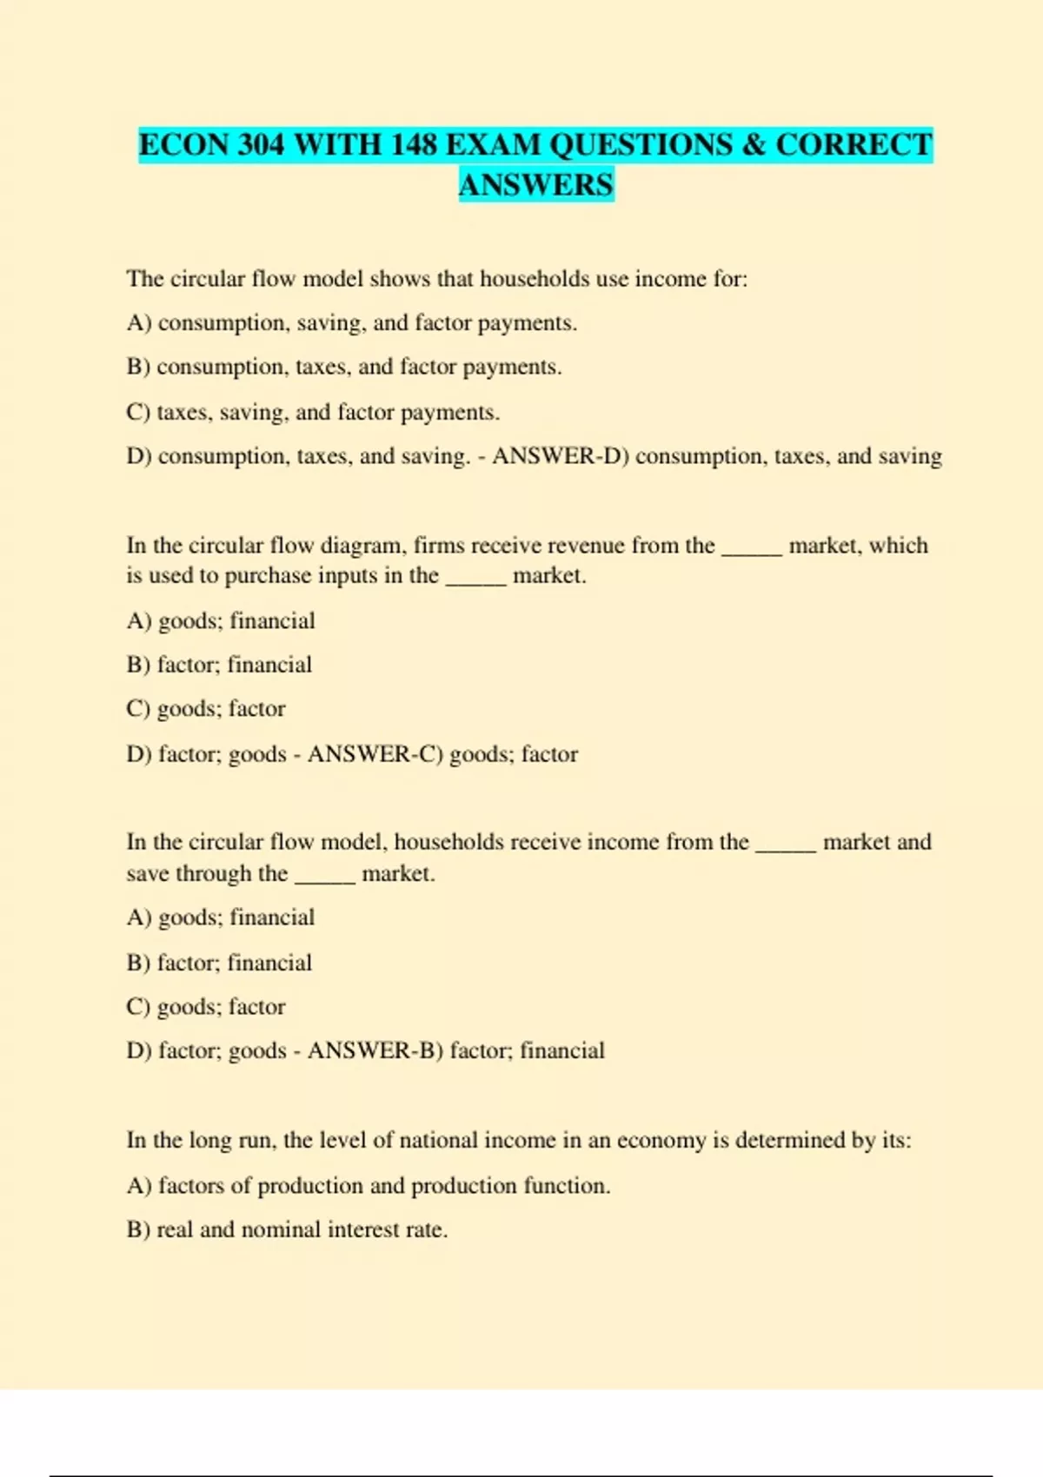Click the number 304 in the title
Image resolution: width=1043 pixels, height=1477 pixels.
[261, 144]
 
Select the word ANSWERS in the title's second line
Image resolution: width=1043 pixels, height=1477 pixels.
[536, 185]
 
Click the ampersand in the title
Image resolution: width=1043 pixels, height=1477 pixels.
[754, 144]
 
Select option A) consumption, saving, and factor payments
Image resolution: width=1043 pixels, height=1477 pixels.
[351, 323]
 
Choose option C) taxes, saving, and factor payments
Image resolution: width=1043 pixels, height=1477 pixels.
[313, 412]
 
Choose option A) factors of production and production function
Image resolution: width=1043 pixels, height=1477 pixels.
[369, 1185]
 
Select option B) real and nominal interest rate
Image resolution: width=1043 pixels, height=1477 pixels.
[287, 1229]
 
